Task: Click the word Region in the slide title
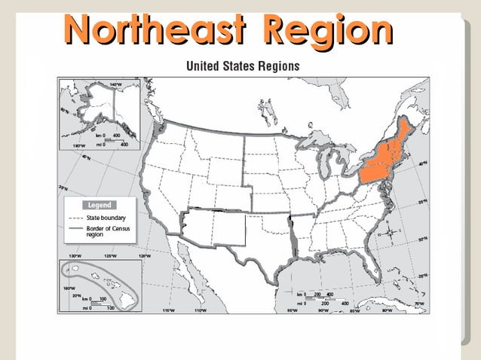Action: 329,29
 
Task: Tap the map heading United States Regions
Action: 243,66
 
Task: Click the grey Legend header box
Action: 100,205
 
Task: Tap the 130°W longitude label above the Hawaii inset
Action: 75,256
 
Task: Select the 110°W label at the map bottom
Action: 200,310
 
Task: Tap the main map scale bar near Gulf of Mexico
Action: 317,297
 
